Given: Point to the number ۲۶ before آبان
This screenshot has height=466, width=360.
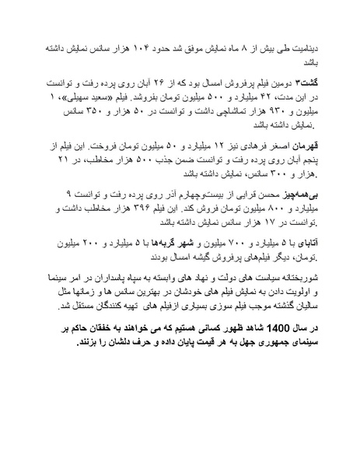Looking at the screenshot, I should pos(170,81).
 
